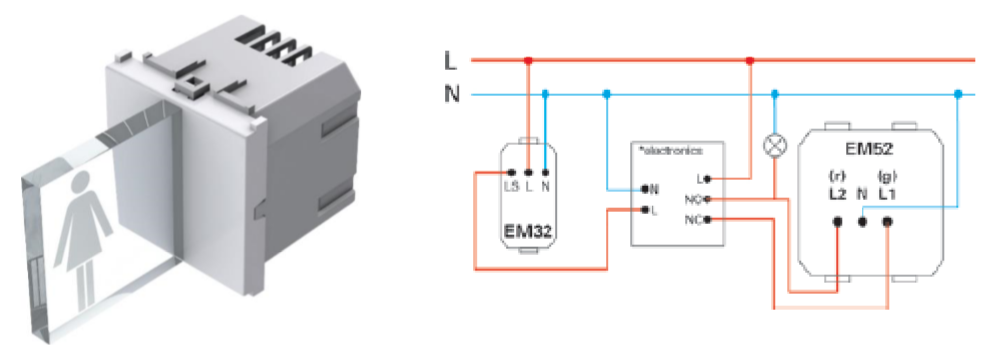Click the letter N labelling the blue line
pos(450,95)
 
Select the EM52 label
pos(867,151)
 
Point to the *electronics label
pos(670,150)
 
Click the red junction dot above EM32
pos(528,61)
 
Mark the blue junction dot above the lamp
pos(773,95)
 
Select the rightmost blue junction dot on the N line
pos(957,95)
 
